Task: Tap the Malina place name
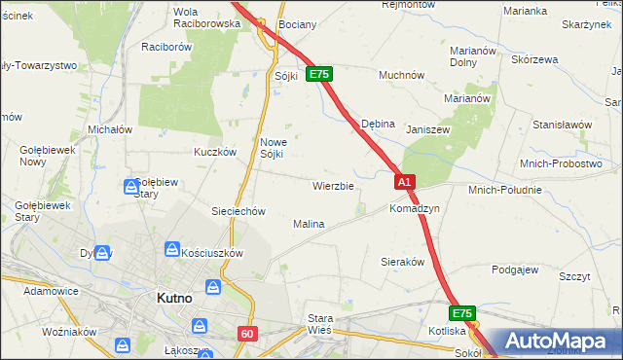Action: click(309, 224)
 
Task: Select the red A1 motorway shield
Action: click(406, 181)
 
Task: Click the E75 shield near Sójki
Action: click(319, 74)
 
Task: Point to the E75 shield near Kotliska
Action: click(462, 313)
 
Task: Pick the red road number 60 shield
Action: click(246, 334)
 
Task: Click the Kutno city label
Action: click(179, 299)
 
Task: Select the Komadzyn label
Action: click(415, 208)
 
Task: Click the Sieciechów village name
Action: click(238, 211)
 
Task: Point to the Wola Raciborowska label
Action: click(205, 17)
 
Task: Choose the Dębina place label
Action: click(378, 125)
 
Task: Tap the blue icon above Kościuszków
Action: click(172, 250)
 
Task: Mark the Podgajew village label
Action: click(516, 270)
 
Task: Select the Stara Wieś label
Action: click(320, 323)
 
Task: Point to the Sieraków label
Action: click(402, 263)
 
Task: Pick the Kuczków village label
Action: click(215, 152)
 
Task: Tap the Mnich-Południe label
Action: click(504, 189)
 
